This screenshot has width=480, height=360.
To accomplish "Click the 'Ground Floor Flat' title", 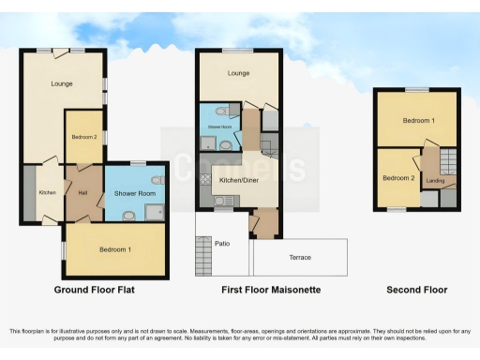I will click(94, 290).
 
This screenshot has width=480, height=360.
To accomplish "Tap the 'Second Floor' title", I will click(416, 290).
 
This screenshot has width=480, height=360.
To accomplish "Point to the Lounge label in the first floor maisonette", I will click(238, 73).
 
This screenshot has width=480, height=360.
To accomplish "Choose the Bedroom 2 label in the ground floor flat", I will click(82, 137).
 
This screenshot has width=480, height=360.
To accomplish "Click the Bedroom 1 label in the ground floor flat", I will click(115, 248).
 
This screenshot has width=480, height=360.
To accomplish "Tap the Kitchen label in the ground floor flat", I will click(47, 192).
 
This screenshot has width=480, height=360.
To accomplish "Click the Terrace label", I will click(300, 257).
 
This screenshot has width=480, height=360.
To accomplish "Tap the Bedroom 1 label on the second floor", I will click(418, 121).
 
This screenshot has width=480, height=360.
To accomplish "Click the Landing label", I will click(434, 180).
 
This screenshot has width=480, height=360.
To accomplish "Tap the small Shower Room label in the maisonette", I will click(218, 125).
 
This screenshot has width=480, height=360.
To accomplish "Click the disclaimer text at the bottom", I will click(240, 335).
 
